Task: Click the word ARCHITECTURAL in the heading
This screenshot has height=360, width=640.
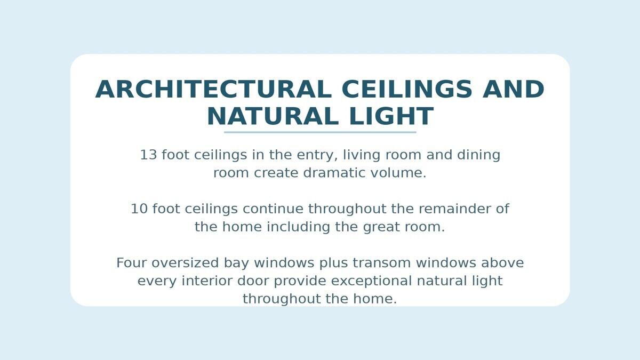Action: (213, 90)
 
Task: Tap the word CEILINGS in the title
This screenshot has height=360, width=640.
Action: (407, 90)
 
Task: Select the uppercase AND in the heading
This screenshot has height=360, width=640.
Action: (514, 90)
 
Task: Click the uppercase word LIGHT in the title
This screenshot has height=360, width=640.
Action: (391, 116)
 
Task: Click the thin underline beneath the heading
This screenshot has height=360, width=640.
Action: (320, 132)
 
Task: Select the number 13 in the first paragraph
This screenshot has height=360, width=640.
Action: (149, 155)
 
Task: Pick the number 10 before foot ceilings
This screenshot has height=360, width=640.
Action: (139, 209)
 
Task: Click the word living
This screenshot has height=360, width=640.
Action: (362, 155)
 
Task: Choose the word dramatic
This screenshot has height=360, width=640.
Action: (334, 173)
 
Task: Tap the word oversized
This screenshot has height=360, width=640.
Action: (185, 263)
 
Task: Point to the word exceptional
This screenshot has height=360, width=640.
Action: (371, 282)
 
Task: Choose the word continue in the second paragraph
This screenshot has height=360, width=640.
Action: (273, 209)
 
